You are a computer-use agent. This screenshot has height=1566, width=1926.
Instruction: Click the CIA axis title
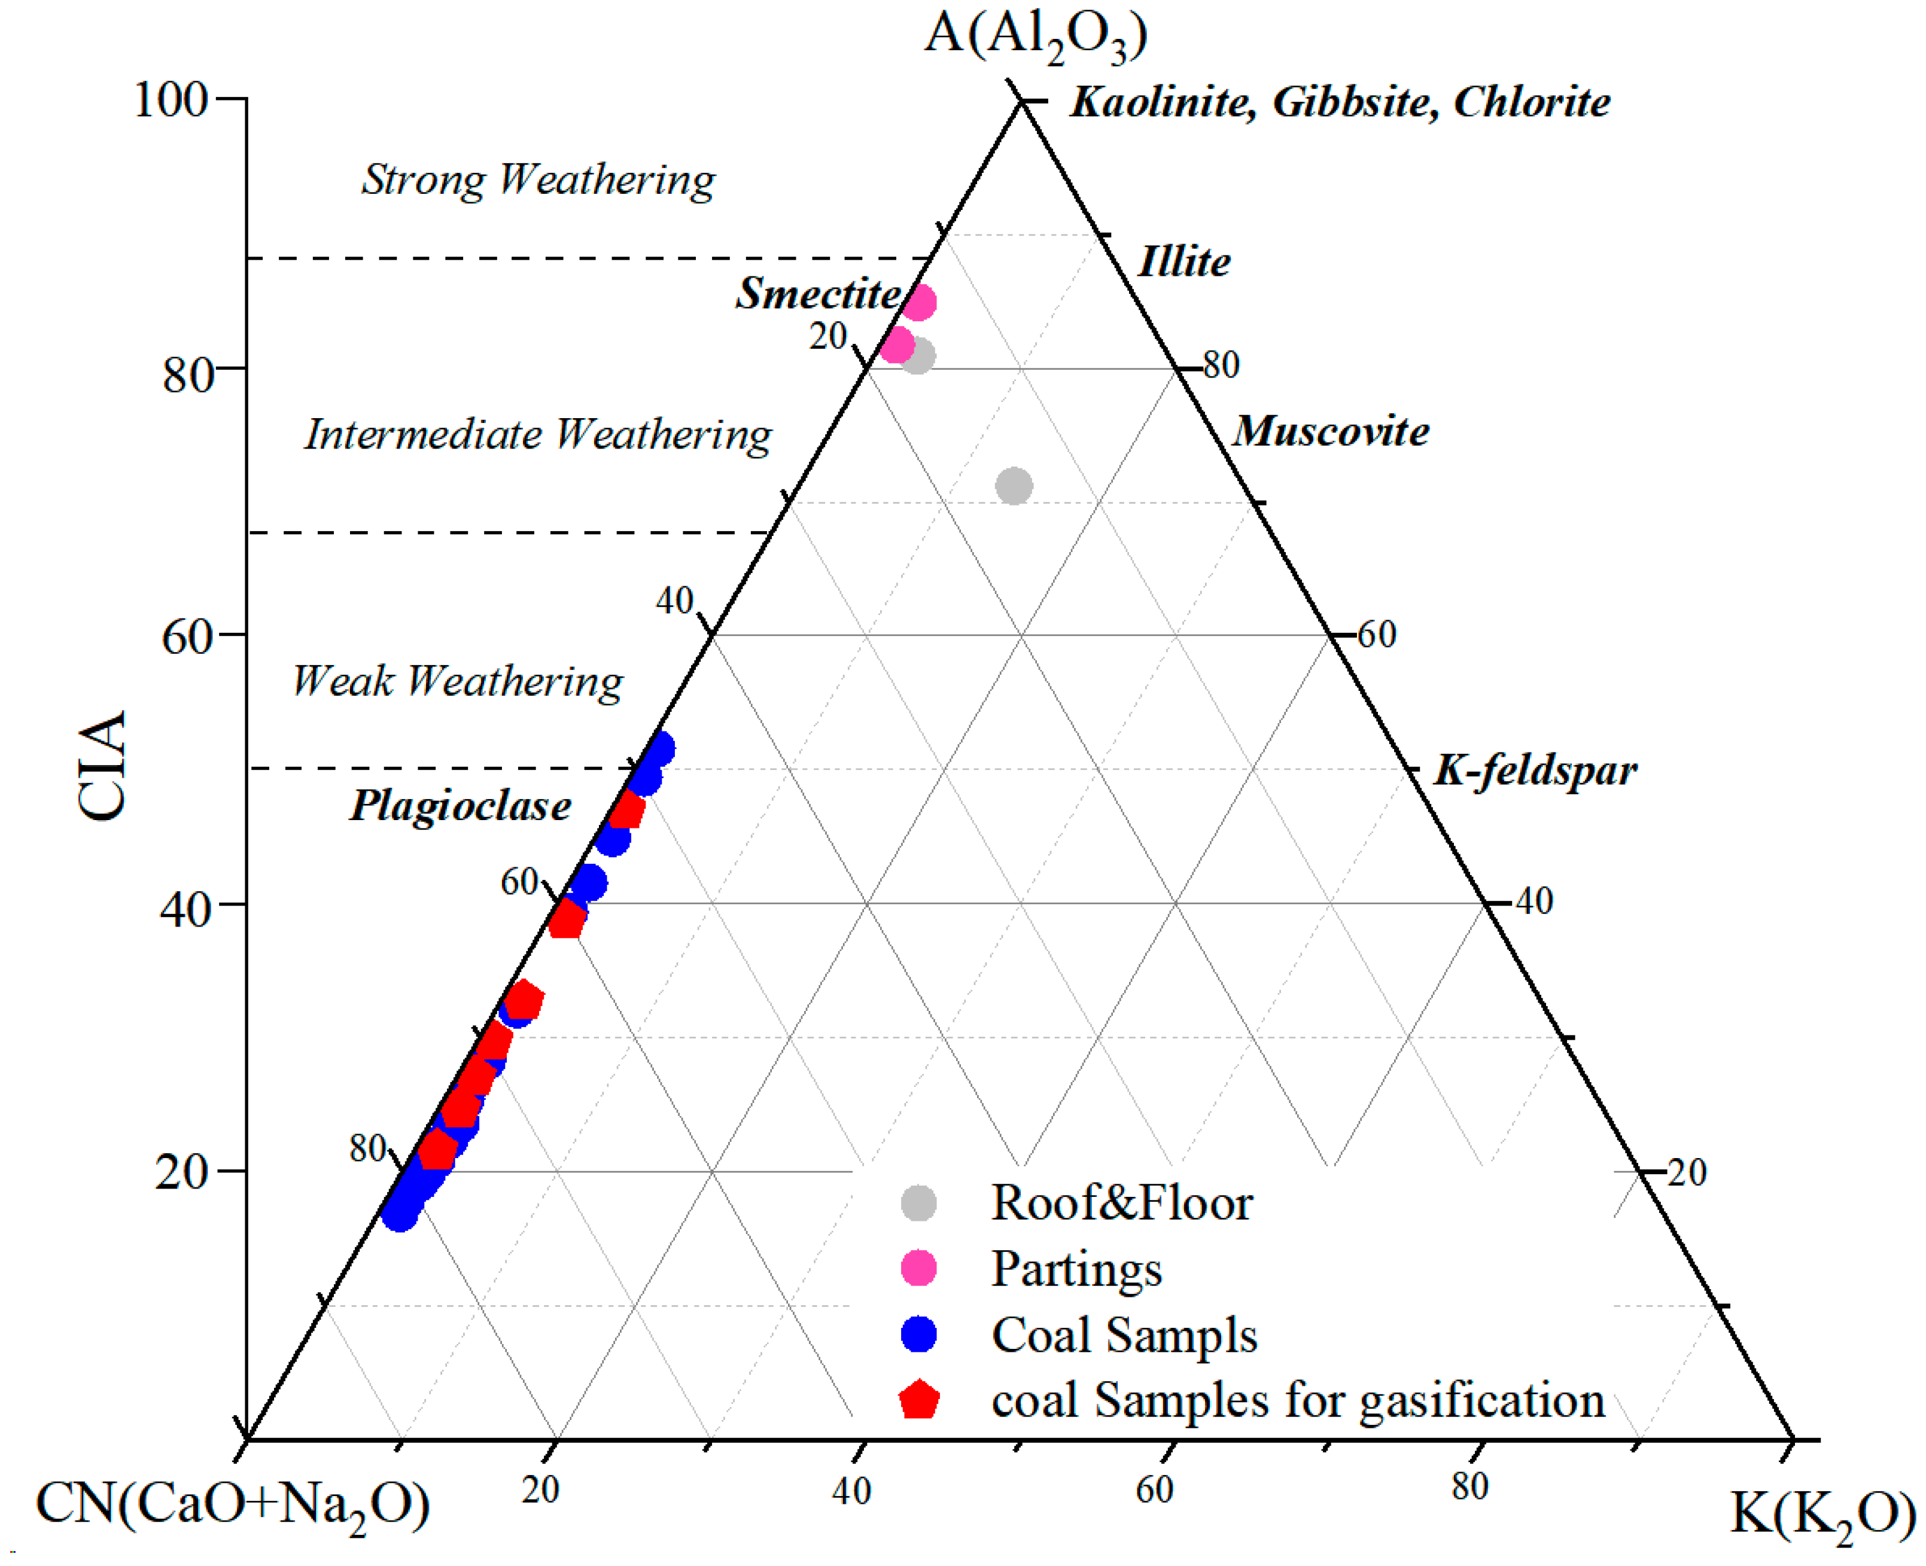(101, 767)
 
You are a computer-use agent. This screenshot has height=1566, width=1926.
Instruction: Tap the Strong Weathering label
(538, 179)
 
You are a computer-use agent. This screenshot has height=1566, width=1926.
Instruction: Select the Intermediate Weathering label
(538, 435)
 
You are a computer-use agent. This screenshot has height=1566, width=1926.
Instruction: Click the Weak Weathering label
(457, 681)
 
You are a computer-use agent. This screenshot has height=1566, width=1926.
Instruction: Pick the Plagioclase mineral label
(460, 806)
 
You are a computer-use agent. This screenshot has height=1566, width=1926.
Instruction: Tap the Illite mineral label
(1183, 261)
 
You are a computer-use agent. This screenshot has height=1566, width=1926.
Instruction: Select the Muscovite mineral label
(1331, 431)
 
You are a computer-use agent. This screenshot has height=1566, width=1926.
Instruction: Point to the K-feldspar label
(1535, 770)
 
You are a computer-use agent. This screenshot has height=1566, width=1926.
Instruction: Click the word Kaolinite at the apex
(1164, 102)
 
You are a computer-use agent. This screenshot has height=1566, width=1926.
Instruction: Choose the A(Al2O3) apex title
(1036, 36)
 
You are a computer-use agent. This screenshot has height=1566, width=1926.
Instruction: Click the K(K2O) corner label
(1822, 1514)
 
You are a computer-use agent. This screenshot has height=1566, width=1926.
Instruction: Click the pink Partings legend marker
(919, 1268)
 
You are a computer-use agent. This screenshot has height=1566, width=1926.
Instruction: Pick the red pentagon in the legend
(919, 1401)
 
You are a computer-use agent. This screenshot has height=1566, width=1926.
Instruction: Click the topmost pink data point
(918, 302)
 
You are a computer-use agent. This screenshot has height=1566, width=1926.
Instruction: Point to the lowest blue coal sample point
(400, 1214)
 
